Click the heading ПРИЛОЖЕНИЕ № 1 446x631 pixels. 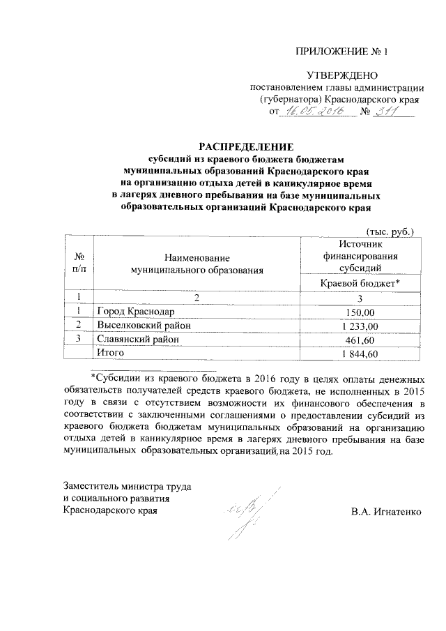pyautogui.click(x=341, y=52)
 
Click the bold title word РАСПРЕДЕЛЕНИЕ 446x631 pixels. pyautogui.click(x=247, y=146)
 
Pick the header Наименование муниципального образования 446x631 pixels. pyautogui.click(x=196, y=263)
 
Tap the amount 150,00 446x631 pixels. pyautogui.click(x=360, y=312)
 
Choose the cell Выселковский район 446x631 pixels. pyautogui.click(x=144, y=326)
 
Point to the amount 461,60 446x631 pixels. pyautogui.click(x=360, y=340)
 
